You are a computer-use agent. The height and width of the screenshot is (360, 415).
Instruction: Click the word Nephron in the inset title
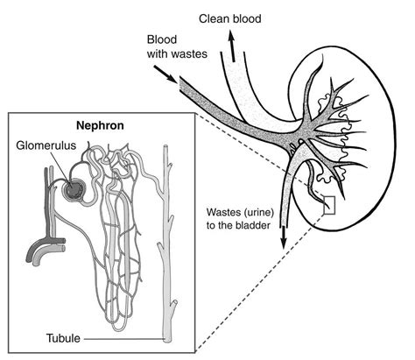[x=99, y=125]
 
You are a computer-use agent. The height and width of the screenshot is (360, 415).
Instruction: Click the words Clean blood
[x=230, y=18]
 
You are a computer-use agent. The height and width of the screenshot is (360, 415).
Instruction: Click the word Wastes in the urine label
[x=225, y=212]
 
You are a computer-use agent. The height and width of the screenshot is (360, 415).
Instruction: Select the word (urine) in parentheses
[x=263, y=212]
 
